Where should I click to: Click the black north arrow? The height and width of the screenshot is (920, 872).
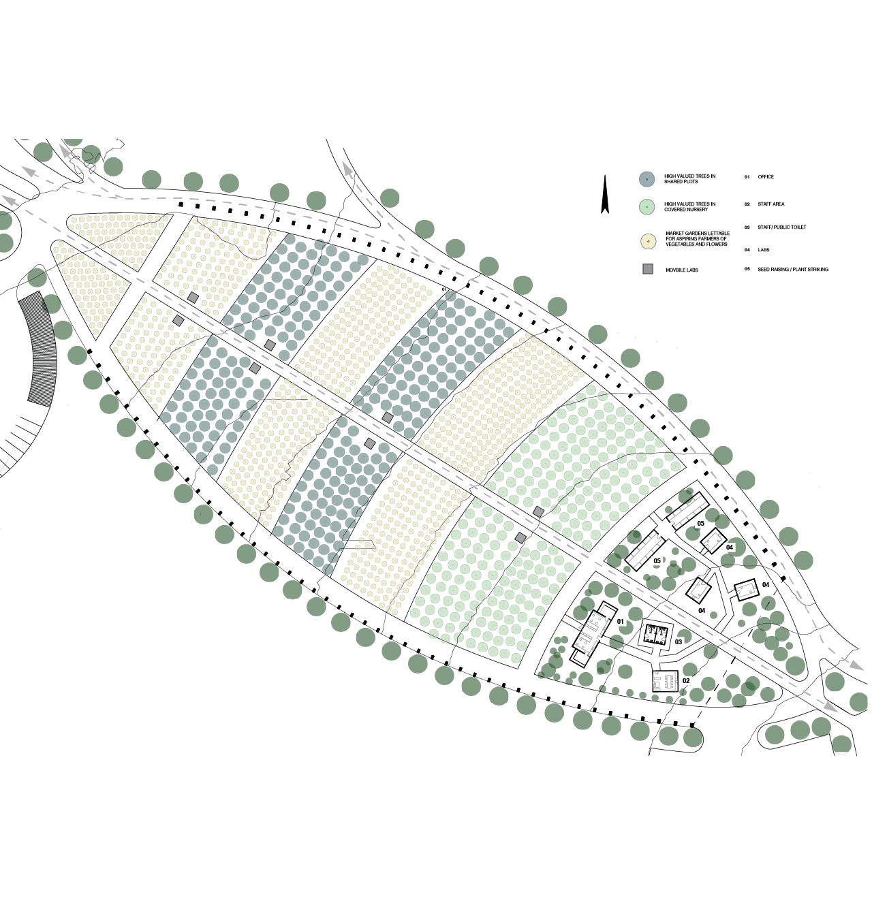click(x=604, y=195)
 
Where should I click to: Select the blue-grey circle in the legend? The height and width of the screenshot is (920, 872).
click(x=647, y=179)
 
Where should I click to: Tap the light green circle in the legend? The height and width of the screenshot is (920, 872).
click(x=647, y=207)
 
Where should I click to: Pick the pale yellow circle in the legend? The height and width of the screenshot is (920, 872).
click(x=648, y=241)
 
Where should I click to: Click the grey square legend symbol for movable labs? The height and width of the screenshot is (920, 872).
click(x=648, y=270)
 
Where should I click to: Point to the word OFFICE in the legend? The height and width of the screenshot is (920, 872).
click(x=766, y=177)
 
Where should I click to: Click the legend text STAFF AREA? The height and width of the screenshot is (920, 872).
click(x=770, y=204)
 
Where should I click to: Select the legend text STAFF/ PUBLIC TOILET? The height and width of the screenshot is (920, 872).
click(x=781, y=227)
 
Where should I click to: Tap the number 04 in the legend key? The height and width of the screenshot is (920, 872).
click(x=747, y=250)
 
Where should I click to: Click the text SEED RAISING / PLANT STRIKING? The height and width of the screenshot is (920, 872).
click(x=793, y=270)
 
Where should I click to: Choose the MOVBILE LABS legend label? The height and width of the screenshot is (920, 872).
click(x=682, y=270)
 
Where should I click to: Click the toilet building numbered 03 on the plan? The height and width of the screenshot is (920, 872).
click(x=655, y=635)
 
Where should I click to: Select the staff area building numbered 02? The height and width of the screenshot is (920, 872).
click(x=664, y=680)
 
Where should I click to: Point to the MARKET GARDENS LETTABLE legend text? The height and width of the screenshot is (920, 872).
click(x=697, y=238)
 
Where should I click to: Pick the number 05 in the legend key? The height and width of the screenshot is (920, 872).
click(x=747, y=270)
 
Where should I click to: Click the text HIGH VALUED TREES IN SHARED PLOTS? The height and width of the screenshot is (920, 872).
click(x=689, y=179)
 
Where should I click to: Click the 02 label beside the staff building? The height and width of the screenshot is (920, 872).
click(x=686, y=681)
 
